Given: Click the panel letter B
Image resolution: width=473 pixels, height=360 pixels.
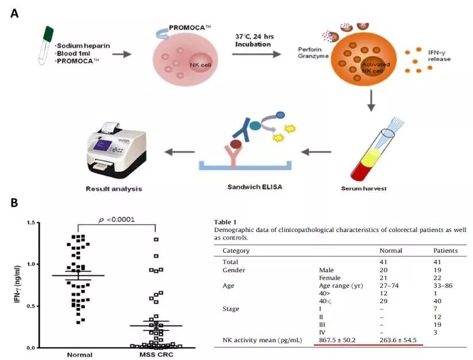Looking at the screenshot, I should coord(14,203).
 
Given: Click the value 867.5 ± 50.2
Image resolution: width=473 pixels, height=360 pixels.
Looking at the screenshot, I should coord(341,340).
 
